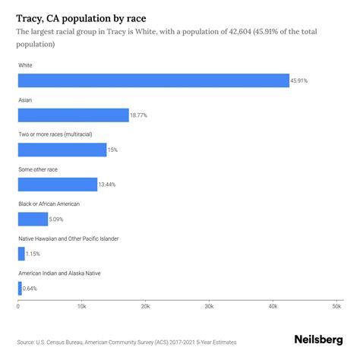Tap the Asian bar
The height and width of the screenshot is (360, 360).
pos(74,115)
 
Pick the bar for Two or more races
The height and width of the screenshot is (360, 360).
pos(62,150)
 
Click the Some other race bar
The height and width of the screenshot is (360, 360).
pos(58,185)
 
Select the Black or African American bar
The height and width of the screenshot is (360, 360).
pos(33,219)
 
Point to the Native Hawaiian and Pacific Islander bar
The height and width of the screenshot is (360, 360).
pos(21,254)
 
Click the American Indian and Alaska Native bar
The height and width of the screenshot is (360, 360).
pos(20,288)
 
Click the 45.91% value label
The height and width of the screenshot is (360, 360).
pos(300,81)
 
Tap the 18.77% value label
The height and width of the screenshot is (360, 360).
pos(140,115)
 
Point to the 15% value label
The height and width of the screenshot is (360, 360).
pos(112,150)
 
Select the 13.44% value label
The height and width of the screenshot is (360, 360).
pos(108,185)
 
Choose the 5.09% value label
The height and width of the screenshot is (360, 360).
pos(58,219)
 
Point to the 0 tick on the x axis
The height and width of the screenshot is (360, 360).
pos(18,307)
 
